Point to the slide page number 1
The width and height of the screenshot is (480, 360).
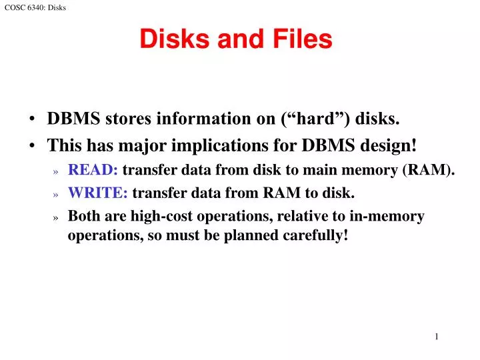pyautogui.click(x=437, y=337)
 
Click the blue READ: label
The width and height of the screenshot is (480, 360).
pyautogui.click(x=93, y=169)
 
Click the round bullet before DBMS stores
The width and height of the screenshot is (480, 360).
pyautogui.click(x=33, y=120)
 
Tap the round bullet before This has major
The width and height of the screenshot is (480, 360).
pyautogui.click(x=33, y=145)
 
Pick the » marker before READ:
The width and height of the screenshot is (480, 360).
pyautogui.click(x=56, y=171)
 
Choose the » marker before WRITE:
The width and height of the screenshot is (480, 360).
pyautogui.click(x=56, y=195)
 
